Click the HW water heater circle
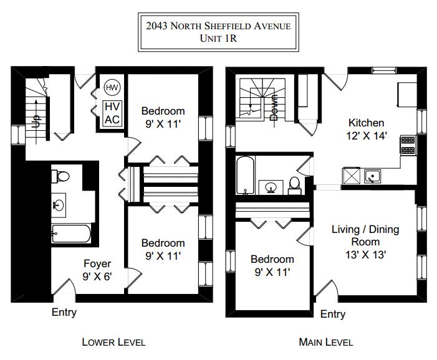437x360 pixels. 112,87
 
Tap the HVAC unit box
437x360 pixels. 112,113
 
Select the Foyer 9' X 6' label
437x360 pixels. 97,270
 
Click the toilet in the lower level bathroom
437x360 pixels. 60,176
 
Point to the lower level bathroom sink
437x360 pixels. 58,205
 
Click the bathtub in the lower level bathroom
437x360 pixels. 71,234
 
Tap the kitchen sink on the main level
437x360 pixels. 372,176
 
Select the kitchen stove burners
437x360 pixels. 408,145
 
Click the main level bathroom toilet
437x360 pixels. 294,186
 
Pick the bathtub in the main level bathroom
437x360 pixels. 245,175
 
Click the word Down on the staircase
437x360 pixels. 274,108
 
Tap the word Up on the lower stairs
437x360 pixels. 36,121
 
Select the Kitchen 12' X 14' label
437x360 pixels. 367,129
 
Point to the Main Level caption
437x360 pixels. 326,342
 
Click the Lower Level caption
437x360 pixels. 113,342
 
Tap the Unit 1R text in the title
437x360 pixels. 218,38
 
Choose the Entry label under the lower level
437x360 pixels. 64,313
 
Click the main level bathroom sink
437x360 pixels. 271,187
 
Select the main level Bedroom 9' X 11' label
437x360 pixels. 272,265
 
